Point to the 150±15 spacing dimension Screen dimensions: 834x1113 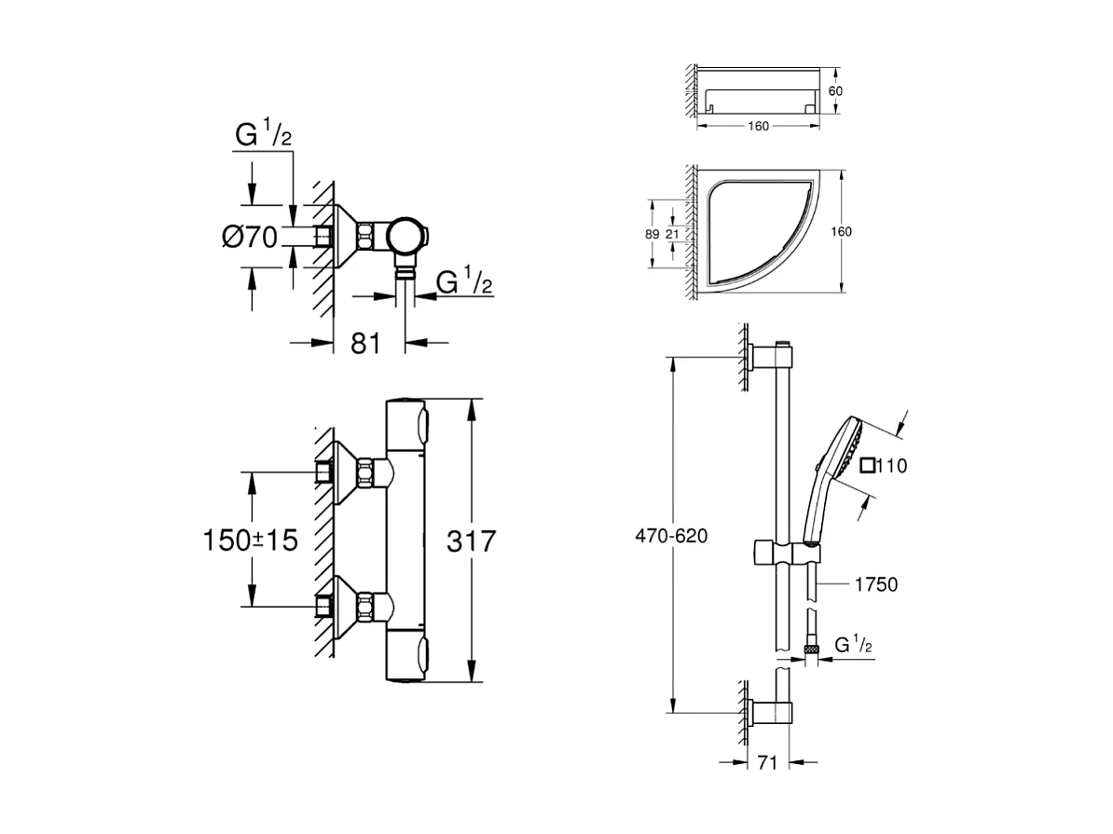coord(251,540)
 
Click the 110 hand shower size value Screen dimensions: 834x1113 coord(892,466)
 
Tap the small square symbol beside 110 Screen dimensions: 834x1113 coord(868,466)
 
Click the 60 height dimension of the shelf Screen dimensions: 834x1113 coord(835,90)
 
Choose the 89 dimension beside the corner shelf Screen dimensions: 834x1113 coord(653,234)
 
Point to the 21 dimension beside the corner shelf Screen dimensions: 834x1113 coord(671,234)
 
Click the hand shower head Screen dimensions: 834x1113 coord(843,447)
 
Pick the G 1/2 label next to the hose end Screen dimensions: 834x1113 coord(853,645)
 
